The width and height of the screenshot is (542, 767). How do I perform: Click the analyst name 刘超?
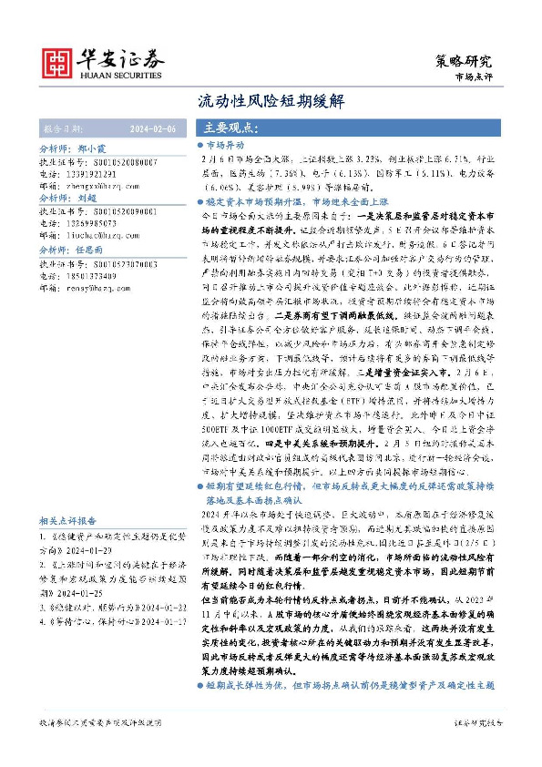pos(87,196)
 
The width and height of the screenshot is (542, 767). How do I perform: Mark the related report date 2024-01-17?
pos(160,621)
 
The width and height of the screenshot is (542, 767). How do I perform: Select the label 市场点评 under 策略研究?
pos(473,78)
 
